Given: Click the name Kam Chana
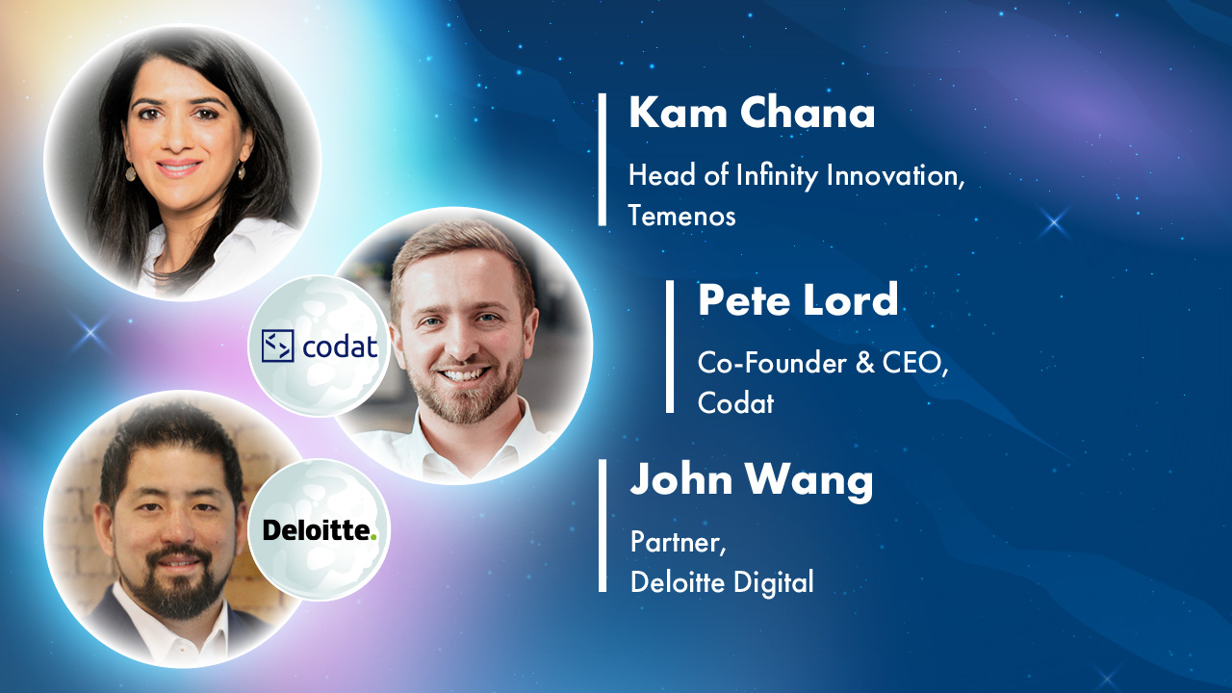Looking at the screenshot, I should click(x=752, y=115).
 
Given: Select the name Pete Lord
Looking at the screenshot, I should click(x=798, y=301).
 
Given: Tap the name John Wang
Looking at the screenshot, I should click(x=752, y=480).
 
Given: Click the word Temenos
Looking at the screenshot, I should click(x=681, y=216).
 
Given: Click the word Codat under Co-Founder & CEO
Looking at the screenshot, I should click(x=735, y=402).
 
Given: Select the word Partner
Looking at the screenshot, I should click(x=677, y=542).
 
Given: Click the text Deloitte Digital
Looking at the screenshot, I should click(x=722, y=581).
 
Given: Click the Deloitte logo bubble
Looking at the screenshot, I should click(x=320, y=530).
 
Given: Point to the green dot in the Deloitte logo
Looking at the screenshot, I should click(x=373, y=535).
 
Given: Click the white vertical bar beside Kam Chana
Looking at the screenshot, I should click(x=603, y=160).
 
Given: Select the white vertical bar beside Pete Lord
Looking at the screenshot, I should click(x=670, y=346).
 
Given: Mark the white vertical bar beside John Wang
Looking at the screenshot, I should click(x=603, y=526).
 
